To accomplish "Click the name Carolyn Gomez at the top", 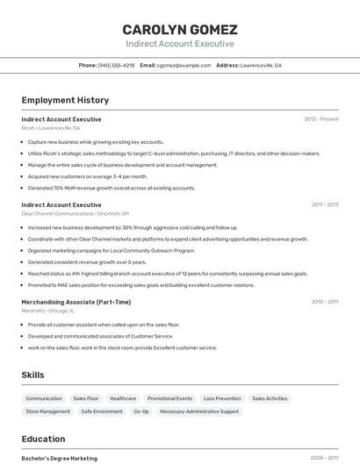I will [180, 30].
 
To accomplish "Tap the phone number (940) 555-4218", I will [116, 65].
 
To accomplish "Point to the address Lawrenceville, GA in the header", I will [261, 65].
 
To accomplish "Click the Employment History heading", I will [65, 100].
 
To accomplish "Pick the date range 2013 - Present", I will [320, 119].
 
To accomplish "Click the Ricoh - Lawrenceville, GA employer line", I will [51, 128].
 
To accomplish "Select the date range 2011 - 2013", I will [324, 204].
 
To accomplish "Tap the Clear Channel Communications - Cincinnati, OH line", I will [75, 213].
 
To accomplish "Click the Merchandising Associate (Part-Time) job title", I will [76, 302].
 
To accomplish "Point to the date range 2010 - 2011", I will [324, 302].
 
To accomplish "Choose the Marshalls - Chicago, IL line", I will [47, 311].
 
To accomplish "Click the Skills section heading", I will [32, 375].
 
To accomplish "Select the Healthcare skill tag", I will [123, 398].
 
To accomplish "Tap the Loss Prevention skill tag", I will [222, 398].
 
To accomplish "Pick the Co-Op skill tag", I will [141, 411].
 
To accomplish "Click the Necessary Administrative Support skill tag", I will [199, 411].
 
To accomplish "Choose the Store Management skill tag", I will [47, 411].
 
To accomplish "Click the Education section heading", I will [43, 439].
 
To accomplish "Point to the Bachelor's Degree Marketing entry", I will [60, 458].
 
